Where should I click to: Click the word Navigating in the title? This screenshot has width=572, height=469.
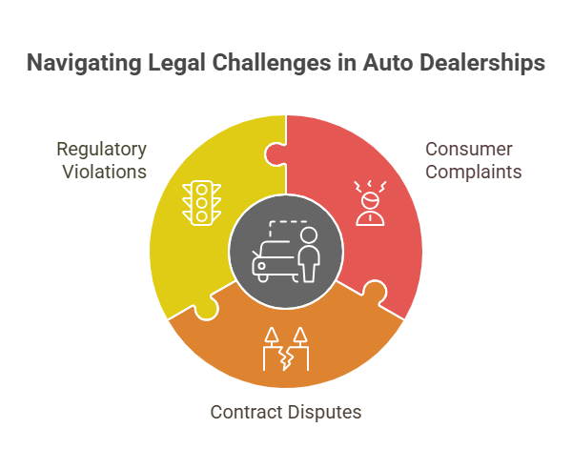(84, 64)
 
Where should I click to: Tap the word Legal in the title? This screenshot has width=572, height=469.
(177, 63)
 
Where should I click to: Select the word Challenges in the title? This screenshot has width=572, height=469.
(272, 64)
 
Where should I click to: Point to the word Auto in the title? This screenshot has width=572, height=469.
(387, 63)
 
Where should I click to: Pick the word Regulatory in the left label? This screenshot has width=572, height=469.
(101, 150)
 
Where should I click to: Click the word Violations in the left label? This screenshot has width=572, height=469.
(104, 172)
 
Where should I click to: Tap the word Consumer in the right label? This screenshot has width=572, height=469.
(469, 149)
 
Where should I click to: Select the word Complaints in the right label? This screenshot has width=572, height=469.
(474, 172)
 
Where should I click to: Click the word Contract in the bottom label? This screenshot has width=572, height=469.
(246, 412)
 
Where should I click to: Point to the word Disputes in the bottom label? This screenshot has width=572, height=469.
(324, 413)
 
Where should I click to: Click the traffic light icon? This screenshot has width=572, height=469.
(201, 203)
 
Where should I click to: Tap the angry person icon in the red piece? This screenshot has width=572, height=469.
(370, 203)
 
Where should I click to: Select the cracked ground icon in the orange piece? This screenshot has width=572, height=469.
(286, 349)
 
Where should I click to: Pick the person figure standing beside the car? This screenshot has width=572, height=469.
(309, 255)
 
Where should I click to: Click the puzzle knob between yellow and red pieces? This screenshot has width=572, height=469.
(276, 154)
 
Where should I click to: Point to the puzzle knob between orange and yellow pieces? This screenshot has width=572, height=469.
(207, 309)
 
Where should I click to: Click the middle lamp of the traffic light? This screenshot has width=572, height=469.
(201, 203)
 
